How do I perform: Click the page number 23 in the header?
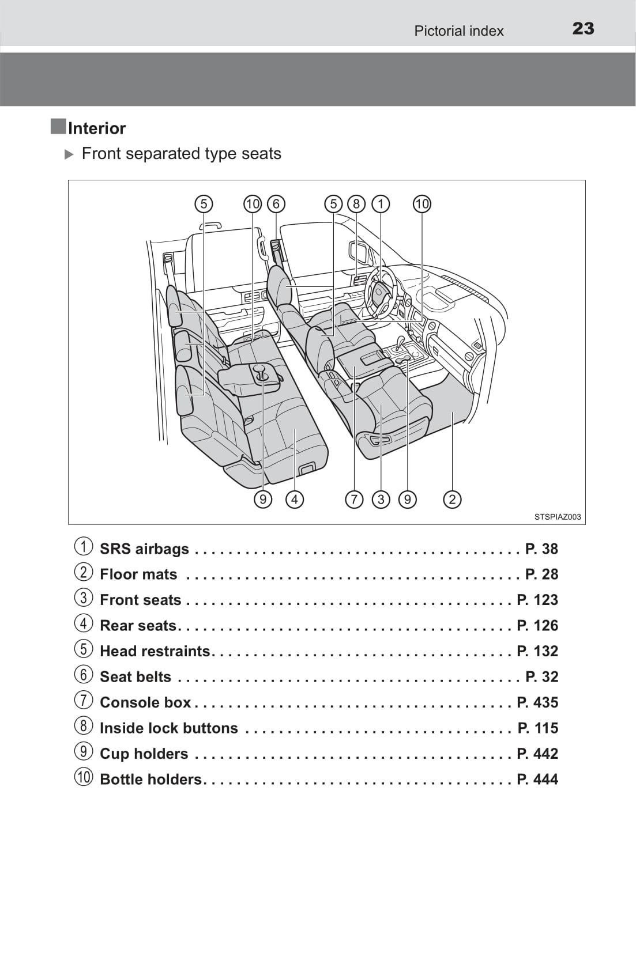tap(583, 29)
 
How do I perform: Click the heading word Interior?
tap(96, 128)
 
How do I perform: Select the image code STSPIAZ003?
tap(557, 517)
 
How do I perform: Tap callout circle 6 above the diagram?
tap(276, 204)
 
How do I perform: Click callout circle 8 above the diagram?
tap(356, 204)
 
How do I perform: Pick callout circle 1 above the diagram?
tap(381, 204)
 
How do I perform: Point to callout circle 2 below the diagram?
tap(452, 499)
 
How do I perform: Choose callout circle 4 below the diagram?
tap(295, 499)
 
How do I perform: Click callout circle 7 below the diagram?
tap(354, 499)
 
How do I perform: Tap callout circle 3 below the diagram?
tap(381, 499)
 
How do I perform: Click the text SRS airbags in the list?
tap(144, 549)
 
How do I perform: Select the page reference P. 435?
tap(537, 702)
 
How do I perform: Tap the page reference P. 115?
tap(537, 728)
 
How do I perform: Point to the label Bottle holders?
tap(150, 779)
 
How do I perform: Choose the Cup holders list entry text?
tap(144, 754)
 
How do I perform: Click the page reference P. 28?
tap(541, 574)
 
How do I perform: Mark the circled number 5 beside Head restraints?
tap(84, 649)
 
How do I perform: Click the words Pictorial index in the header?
tap(458, 31)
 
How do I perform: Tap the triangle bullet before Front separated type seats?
tap(69, 154)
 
